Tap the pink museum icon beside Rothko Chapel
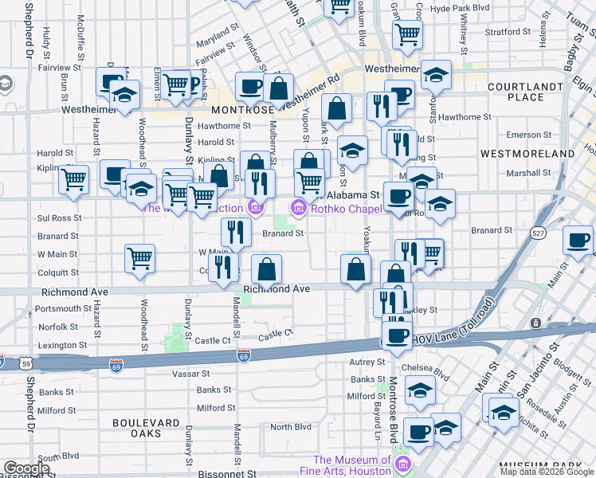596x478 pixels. (299, 209)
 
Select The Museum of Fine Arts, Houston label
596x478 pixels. (352, 465)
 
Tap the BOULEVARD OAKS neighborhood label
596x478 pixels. (147, 428)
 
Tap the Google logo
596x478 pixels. (27, 468)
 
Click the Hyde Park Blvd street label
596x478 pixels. (460, 8)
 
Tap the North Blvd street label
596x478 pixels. (290, 427)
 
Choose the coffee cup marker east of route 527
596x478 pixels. (578, 240)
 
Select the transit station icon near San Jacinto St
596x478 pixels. (535, 323)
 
